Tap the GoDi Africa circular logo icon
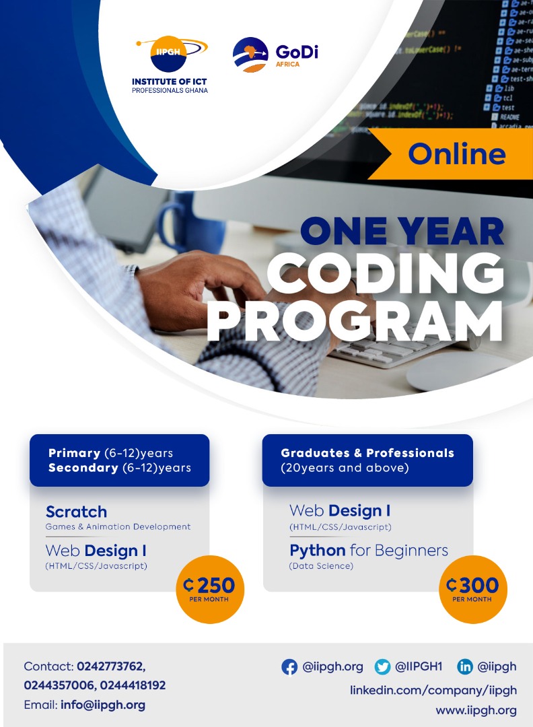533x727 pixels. (250, 55)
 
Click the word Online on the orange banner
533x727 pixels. (456, 154)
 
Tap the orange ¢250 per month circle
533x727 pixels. (209, 589)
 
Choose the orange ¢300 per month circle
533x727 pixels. (472, 589)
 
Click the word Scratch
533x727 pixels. (76, 512)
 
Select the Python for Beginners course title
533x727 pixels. (368, 550)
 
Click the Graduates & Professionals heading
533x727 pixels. (367, 453)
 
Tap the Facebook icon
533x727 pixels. (289, 667)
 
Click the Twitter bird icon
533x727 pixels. (383, 667)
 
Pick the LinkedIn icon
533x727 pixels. (465, 667)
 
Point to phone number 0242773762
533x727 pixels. (111, 666)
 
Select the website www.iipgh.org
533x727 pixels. (476, 709)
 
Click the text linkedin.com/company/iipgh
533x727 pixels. (433, 690)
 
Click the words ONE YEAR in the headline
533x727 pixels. (402, 232)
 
